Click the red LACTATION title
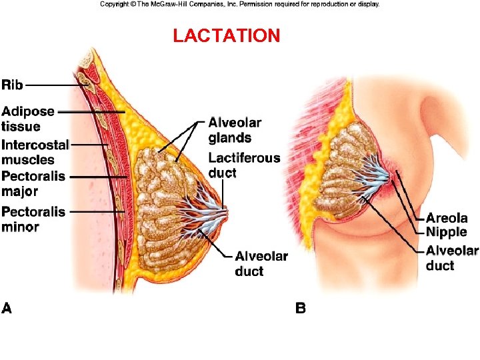(226, 36)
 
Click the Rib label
(13, 85)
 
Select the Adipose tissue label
(28, 119)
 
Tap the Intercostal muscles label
(35, 153)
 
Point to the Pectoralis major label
(33, 183)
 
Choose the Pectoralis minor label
(33, 219)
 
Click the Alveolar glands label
(235, 131)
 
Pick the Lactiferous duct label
(244, 165)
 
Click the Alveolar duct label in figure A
(261, 263)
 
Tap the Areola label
(447, 218)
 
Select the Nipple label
(447, 232)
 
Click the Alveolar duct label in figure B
(452, 258)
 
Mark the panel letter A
(7, 308)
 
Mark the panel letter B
(301, 308)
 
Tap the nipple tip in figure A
(227, 212)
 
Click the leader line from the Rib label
(53, 85)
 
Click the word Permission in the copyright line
(275, 4)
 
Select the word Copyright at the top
(114, 4)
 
